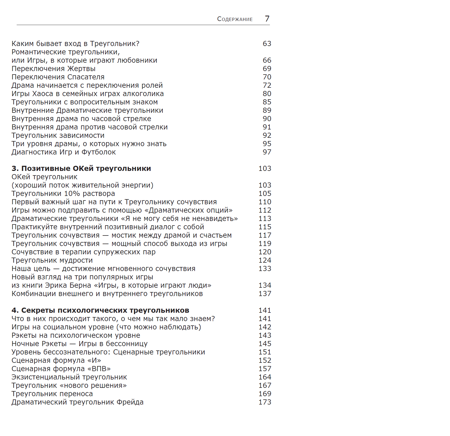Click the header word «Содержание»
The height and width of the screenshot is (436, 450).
[235, 19]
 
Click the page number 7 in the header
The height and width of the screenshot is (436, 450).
[267, 19]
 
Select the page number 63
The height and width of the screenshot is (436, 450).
[267, 44]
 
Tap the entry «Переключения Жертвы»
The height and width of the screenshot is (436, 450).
[53, 69]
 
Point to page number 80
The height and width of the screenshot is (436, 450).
[267, 94]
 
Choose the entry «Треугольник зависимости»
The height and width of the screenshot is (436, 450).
[58, 135]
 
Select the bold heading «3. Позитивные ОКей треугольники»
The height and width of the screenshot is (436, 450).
[81, 168]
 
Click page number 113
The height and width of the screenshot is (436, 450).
[265, 219]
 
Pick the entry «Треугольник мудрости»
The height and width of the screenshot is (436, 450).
[52, 260]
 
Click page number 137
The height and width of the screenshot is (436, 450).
[265, 294]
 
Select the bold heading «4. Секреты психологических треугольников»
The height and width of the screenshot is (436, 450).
[100, 310]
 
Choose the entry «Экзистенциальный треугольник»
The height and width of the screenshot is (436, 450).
[69, 377]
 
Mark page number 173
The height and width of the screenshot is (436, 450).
[265, 402]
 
